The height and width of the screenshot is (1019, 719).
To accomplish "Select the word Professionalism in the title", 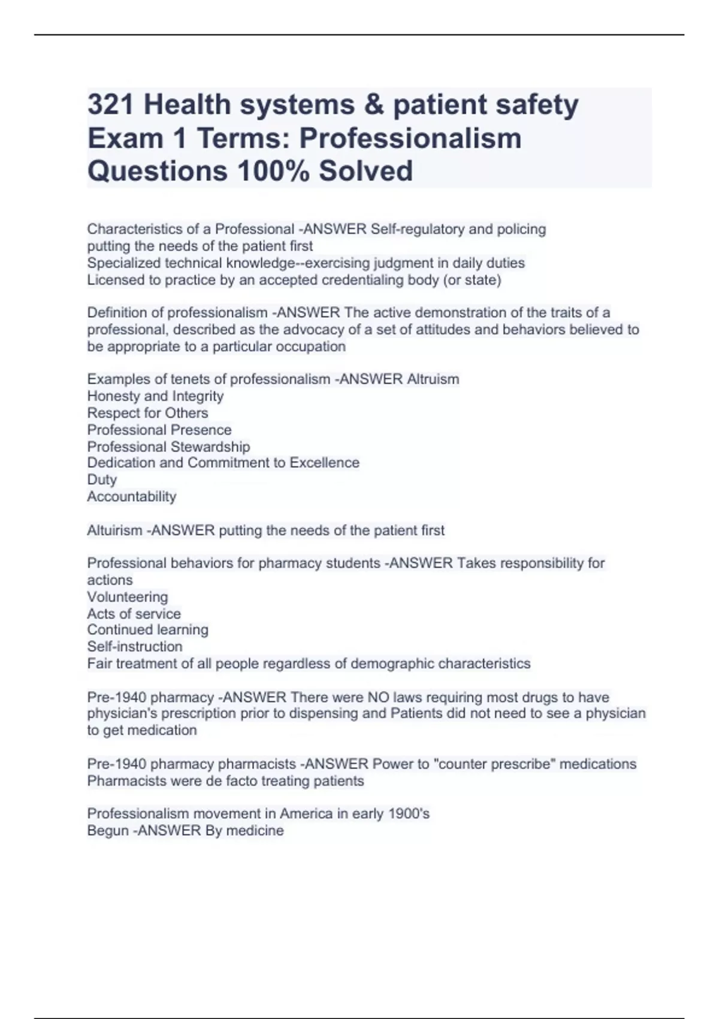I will click(x=410, y=138).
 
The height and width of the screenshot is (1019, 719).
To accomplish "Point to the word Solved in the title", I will click(x=365, y=171).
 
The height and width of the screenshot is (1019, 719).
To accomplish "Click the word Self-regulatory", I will click(x=417, y=229).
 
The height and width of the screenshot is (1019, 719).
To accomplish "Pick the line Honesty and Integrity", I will click(x=155, y=396).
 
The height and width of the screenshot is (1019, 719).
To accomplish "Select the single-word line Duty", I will click(x=102, y=480).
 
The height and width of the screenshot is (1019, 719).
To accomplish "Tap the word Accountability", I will click(x=132, y=496).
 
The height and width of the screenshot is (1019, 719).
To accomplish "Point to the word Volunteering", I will click(x=128, y=597).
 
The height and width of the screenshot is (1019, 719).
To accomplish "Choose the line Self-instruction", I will click(x=135, y=647).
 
